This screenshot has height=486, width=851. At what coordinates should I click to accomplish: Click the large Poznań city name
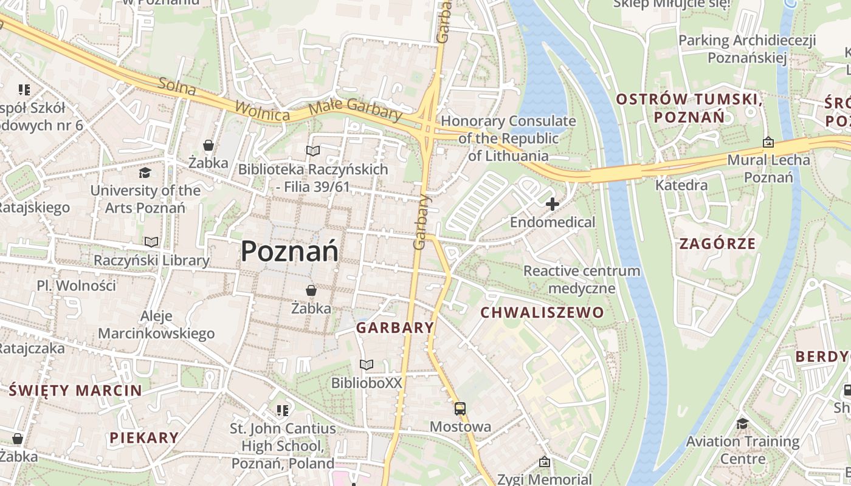coord(289,251)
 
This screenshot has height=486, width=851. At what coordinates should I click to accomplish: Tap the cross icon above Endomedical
coord(552,204)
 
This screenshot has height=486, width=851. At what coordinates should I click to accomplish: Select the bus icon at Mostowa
coord(460,409)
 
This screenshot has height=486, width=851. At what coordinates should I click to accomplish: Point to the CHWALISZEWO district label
coord(542,313)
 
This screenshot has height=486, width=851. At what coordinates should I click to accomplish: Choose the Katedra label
coord(681,185)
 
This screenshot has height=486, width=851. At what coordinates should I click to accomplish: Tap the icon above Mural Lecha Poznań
coord(768,143)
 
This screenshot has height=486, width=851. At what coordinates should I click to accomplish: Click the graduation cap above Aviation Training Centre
coord(742,423)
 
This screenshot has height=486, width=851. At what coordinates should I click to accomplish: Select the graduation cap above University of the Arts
coord(145,173)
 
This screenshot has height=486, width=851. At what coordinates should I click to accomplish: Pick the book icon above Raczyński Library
coord(151,242)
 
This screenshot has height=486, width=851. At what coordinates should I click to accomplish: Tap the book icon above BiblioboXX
coord(367,365)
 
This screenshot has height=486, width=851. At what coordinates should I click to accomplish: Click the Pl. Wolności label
coord(76,286)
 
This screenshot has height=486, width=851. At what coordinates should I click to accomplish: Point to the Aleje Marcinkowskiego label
coord(156,325)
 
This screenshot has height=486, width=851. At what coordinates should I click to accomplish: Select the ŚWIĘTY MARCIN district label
coord(75,391)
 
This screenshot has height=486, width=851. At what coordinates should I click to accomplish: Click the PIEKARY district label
coord(144,437)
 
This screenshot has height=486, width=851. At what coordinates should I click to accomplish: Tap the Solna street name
coord(177,87)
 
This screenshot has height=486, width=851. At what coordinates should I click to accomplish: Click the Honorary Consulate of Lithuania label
coord(508,138)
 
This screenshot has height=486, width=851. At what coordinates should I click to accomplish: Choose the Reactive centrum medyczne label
coord(582,279)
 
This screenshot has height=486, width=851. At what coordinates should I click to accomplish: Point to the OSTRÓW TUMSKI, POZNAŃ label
coord(689,107)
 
